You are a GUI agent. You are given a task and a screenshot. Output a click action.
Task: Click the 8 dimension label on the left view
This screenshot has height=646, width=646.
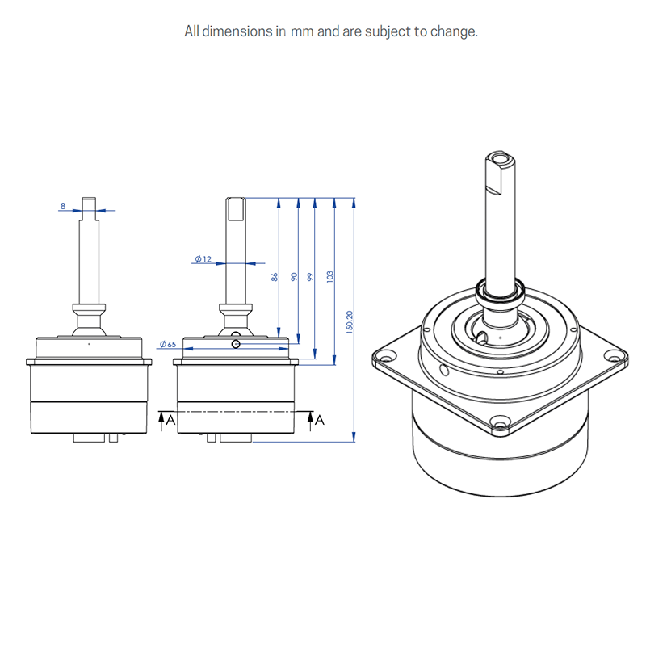pos(63,207)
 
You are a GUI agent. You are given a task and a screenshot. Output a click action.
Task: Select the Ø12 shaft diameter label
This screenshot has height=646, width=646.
pos(203,259)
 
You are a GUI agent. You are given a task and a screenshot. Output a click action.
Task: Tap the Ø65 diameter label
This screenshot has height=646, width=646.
pos(168,344)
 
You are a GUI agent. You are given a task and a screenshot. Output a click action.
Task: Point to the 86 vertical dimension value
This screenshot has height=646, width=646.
pos(275,276)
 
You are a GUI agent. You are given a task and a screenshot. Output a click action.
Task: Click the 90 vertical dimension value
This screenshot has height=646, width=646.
pos(294,276)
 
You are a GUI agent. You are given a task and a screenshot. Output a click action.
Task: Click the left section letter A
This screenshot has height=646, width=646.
pos(170,420)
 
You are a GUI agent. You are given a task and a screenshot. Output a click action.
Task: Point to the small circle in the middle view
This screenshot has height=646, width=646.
pos(235,344)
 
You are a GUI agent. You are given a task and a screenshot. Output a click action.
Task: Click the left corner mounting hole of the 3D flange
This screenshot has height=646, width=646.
pos(384,355)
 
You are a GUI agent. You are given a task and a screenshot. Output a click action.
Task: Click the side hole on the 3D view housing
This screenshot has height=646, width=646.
pos(443,371)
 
